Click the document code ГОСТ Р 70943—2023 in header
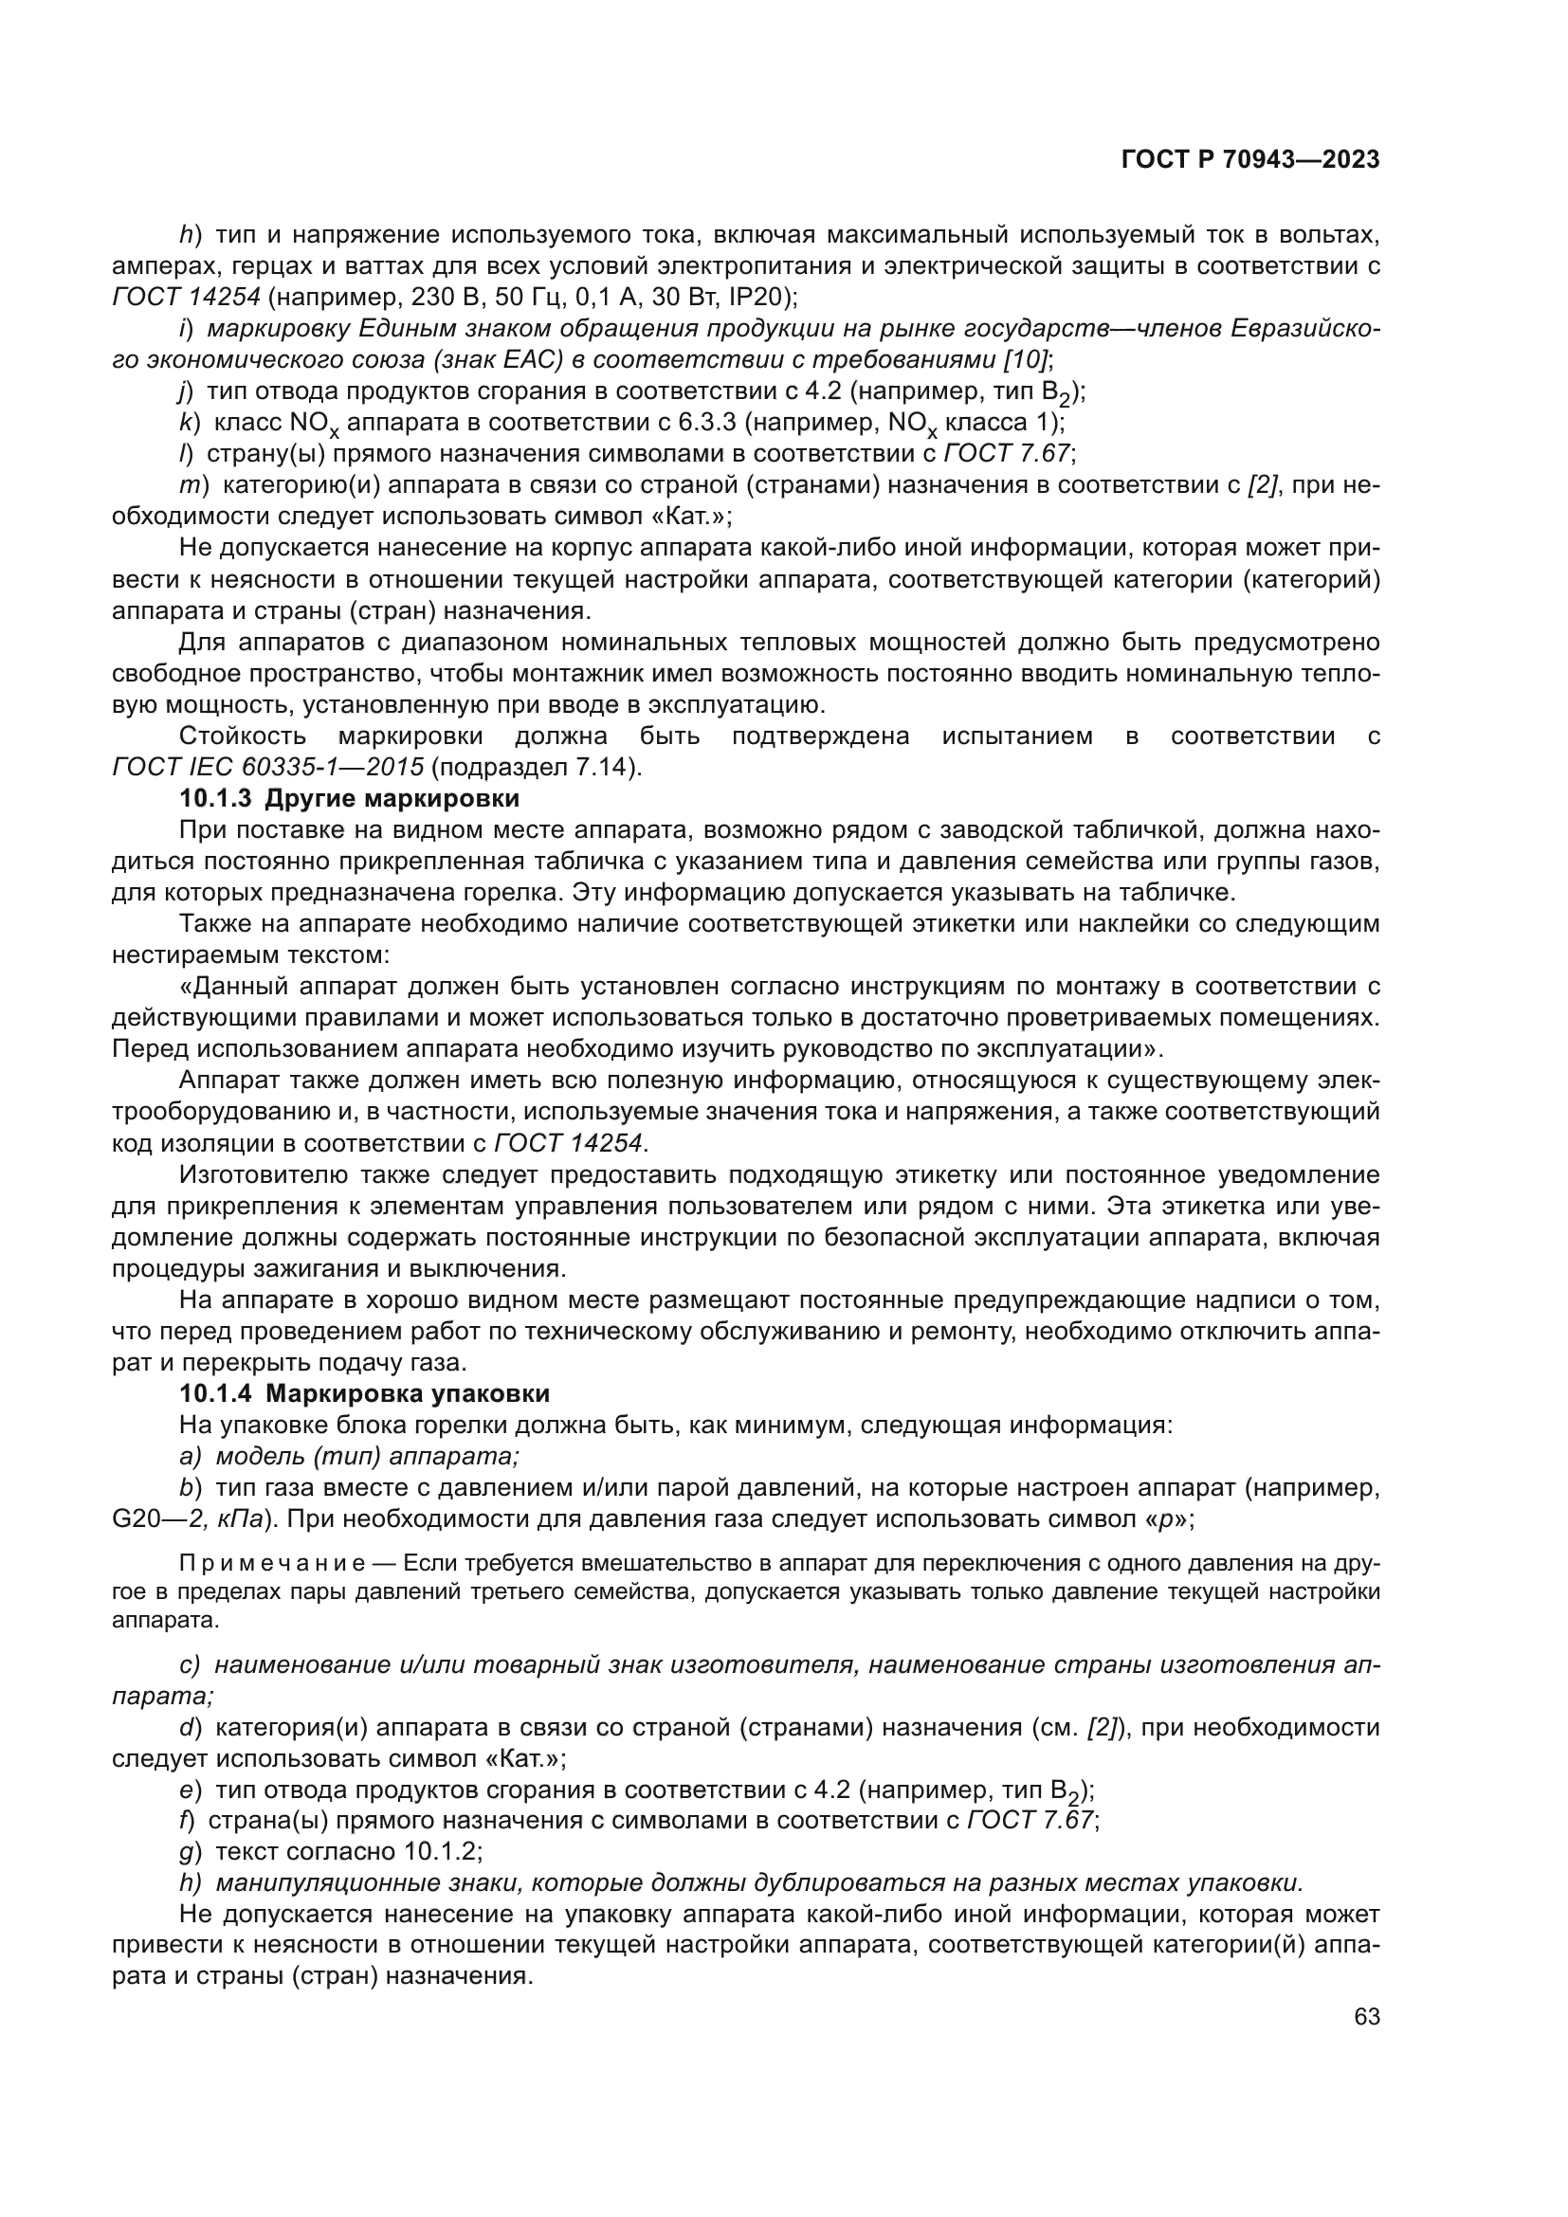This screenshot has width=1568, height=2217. [x=1249, y=159]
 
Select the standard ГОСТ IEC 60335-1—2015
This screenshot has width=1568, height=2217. [x=267, y=768]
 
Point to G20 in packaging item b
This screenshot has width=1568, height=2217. [x=135, y=1518]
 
